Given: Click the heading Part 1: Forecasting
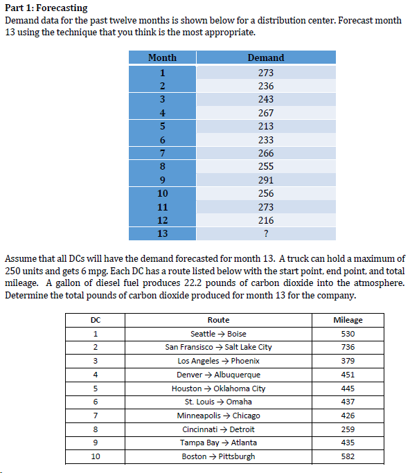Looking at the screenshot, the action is pyautogui.click(x=46, y=8).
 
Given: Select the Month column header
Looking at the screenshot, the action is pyautogui.click(x=163, y=57).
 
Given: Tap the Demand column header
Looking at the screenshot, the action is pyautogui.click(x=266, y=57).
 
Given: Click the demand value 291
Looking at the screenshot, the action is pyautogui.click(x=266, y=180).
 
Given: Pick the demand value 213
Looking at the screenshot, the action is pyautogui.click(x=266, y=126).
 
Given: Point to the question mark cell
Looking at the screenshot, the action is pyautogui.click(x=266, y=233).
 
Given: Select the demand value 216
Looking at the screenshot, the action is pyautogui.click(x=266, y=220).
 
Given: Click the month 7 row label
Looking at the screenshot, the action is pyautogui.click(x=163, y=153).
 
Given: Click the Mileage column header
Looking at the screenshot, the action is pyautogui.click(x=348, y=320).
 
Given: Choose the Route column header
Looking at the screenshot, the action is pyautogui.click(x=218, y=320).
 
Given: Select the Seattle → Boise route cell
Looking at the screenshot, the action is pyautogui.click(x=218, y=334).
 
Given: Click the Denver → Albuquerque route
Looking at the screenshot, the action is pyautogui.click(x=218, y=375).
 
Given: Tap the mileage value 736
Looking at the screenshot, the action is pyautogui.click(x=348, y=347).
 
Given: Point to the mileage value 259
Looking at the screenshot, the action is pyautogui.click(x=348, y=429).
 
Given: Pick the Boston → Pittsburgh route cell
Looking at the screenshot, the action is pyautogui.click(x=218, y=456).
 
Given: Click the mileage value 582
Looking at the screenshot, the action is pyautogui.click(x=348, y=456).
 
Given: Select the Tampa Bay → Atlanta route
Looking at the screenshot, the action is pyautogui.click(x=218, y=443).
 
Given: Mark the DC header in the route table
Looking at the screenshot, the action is pyautogui.click(x=94, y=320).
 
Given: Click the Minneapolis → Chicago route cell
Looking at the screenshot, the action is pyautogui.click(x=218, y=416).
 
